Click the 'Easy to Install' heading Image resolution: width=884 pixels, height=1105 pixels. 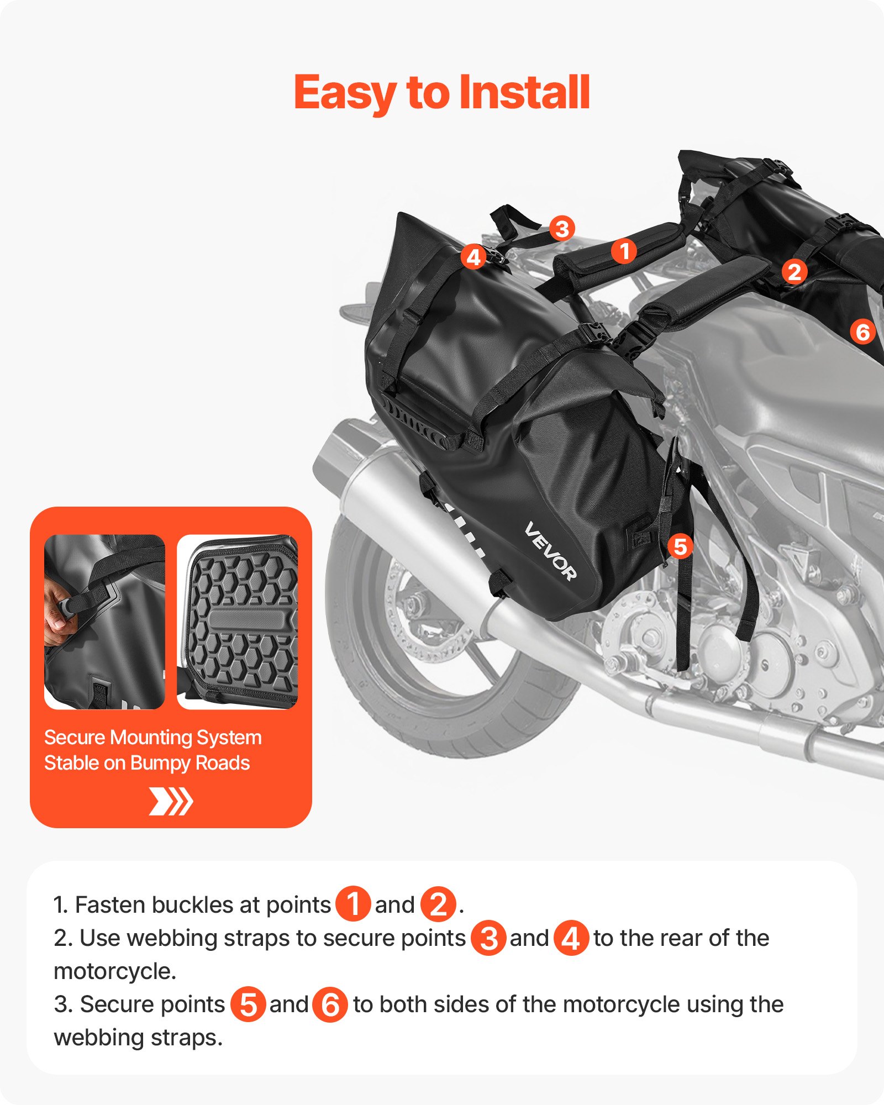tap(442, 93)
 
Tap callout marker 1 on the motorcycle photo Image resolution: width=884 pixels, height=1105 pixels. tap(624, 252)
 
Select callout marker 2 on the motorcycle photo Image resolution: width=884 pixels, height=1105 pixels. tap(794, 272)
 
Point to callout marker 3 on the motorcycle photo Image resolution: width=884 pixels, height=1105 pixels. tap(562, 228)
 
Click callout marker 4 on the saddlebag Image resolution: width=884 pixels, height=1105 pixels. tap(473, 257)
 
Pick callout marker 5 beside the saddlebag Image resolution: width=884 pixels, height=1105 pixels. tap(680, 547)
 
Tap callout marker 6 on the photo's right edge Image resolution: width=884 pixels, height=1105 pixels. tap(862, 331)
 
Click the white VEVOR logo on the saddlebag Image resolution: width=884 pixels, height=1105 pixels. tap(550, 551)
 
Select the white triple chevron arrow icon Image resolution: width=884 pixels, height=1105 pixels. tap(171, 802)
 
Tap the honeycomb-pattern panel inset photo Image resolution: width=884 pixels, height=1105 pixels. tap(238, 622)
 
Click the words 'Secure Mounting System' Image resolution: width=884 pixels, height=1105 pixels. tap(152, 738)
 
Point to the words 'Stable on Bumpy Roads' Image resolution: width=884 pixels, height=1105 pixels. tap(147, 763)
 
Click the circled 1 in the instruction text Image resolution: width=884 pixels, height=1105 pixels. tap(352, 904)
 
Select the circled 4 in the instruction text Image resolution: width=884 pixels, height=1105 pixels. tap(571, 938)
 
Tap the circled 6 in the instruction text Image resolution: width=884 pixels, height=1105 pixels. tap(330, 1004)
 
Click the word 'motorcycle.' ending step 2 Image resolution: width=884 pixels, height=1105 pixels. tap(115, 971)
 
